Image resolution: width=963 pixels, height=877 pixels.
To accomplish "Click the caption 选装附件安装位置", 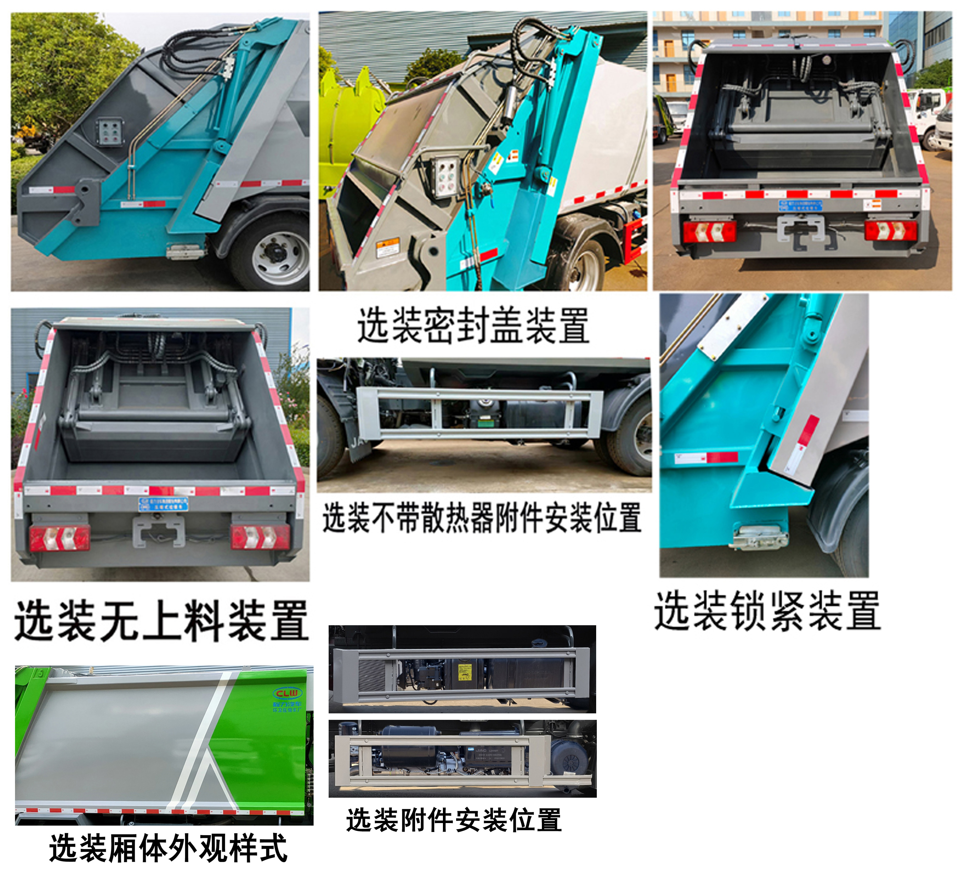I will pos(453,820).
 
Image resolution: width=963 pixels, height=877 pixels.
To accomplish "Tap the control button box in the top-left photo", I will pos(110,132).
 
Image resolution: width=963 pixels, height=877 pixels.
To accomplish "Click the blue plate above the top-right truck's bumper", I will pos(800,205).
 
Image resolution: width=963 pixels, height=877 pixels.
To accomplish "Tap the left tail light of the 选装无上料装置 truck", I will pos(59,537).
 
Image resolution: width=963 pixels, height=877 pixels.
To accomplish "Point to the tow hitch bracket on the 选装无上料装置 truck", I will pos(158,531).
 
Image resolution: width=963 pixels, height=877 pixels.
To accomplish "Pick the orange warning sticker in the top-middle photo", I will pos(388,248).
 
